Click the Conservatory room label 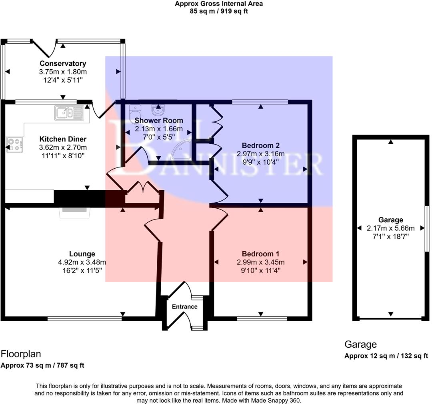point(63,63)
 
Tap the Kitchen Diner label point(63,139)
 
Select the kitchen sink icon point(69,113)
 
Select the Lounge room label point(82,254)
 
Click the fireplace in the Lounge point(75,212)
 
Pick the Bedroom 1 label point(260,254)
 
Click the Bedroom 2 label point(260,145)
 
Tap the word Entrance point(184,307)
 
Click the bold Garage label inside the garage point(390,220)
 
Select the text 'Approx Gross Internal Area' point(219,4)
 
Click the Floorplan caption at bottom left point(21,354)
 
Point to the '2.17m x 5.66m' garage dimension point(390,228)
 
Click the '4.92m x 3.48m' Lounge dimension point(82,262)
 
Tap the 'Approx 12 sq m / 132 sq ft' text point(386,356)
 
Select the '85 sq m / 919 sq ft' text point(219,11)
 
